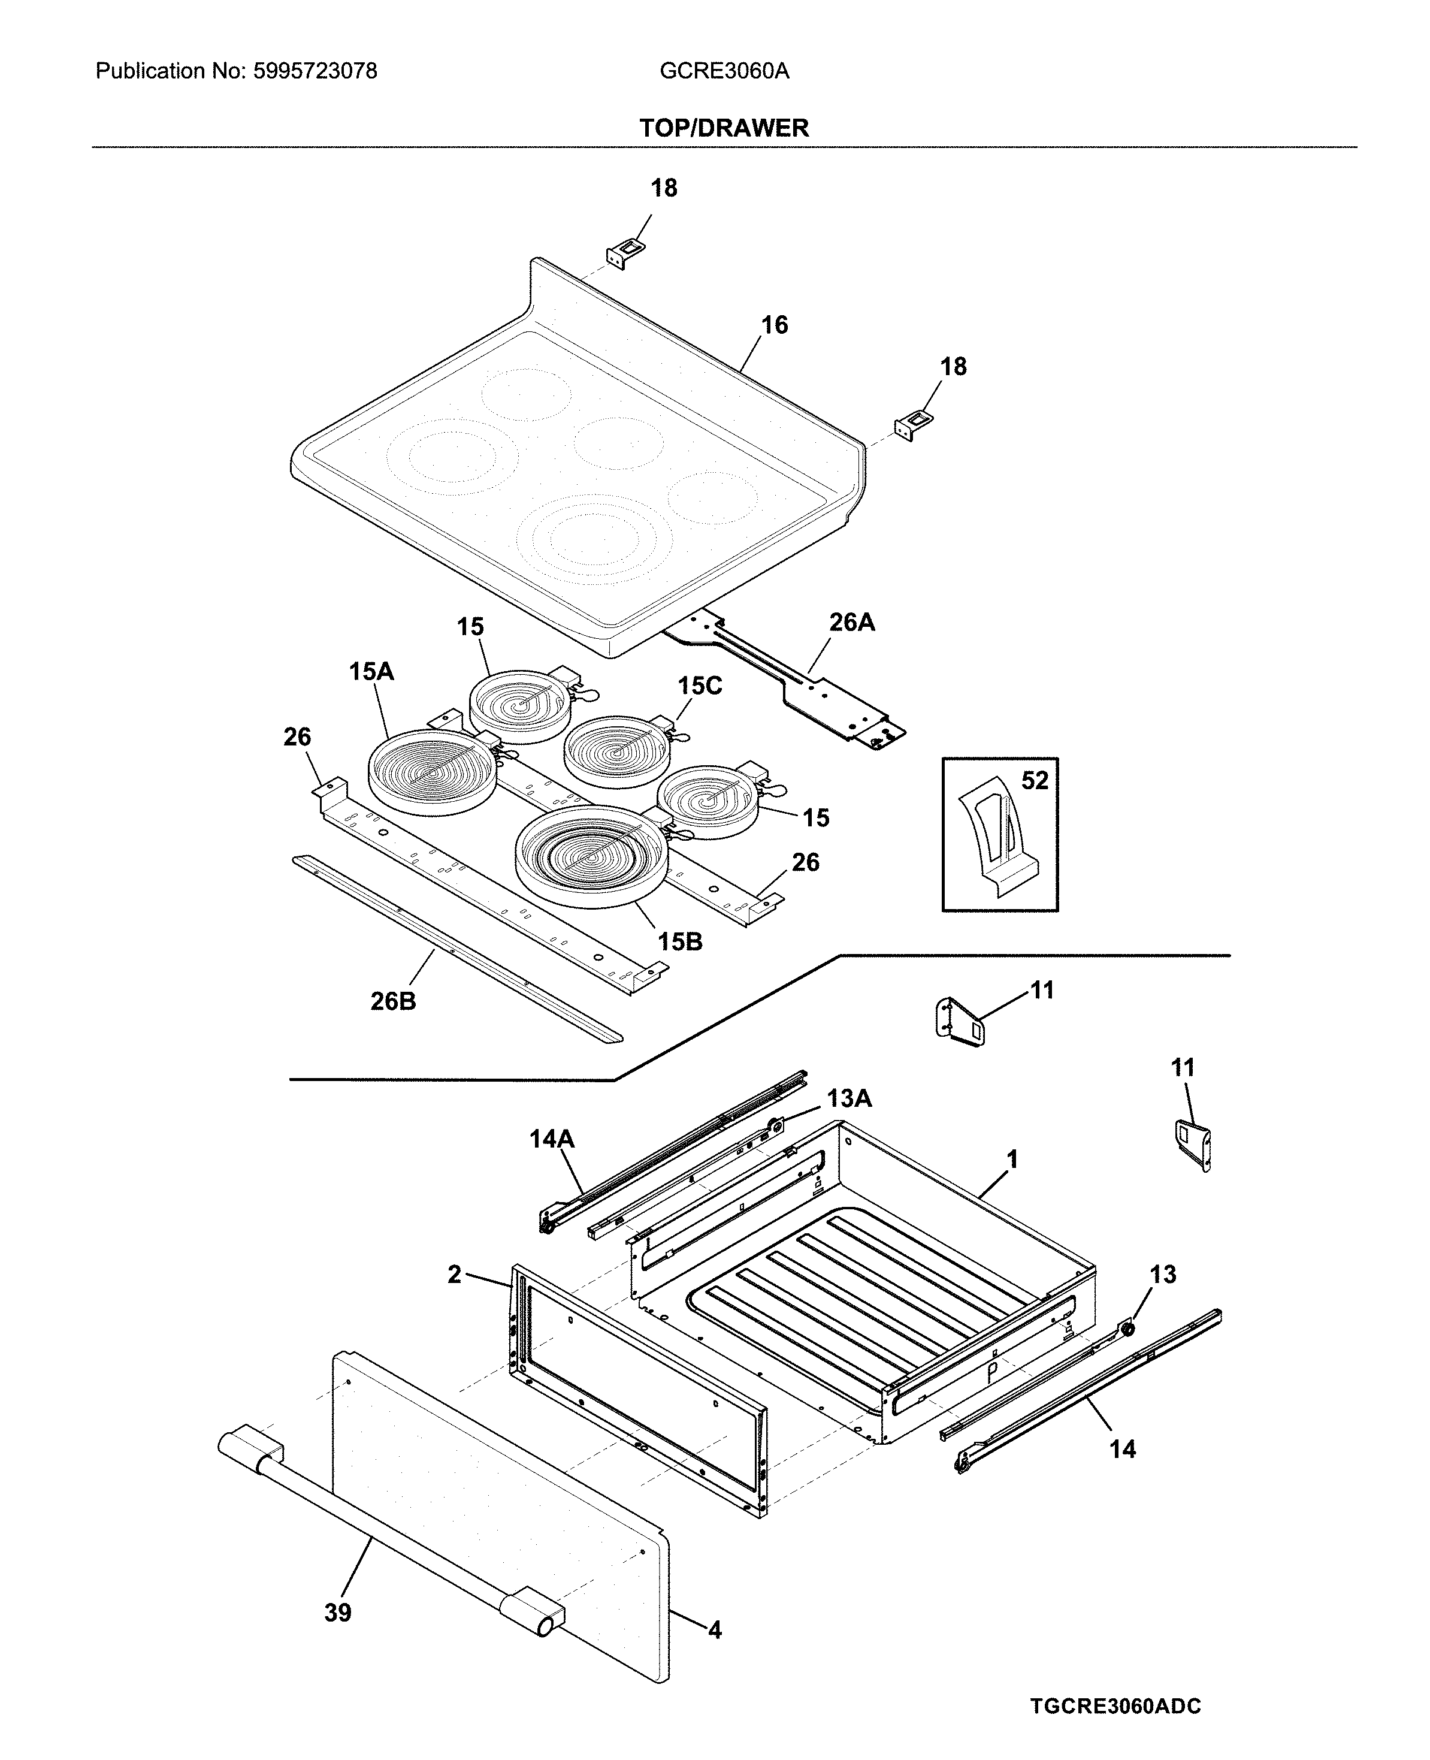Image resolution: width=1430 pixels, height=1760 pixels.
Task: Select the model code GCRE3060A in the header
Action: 724,72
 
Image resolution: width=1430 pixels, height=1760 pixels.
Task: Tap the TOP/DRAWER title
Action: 724,128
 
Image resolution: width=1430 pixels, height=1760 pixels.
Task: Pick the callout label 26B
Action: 393,1001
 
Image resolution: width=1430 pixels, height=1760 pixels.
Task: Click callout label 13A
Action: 849,1098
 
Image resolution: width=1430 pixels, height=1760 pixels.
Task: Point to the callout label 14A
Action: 551,1140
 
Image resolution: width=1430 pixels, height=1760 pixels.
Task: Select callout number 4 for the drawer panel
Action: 714,1630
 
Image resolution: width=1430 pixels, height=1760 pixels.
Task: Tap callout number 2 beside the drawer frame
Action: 455,1275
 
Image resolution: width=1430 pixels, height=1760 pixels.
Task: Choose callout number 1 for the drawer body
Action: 1012,1160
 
